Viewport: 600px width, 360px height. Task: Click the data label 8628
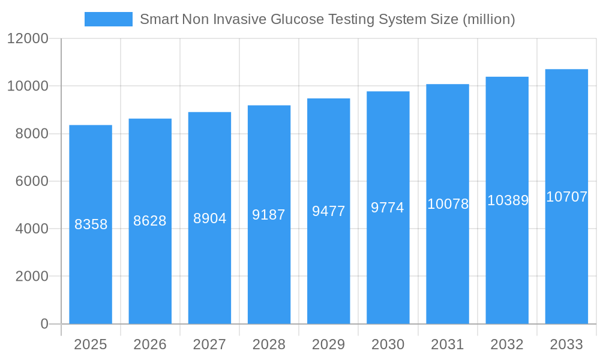point(150,221)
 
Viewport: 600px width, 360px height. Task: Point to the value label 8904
point(209,218)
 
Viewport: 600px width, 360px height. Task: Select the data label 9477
point(328,211)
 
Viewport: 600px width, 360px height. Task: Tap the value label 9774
point(388,208)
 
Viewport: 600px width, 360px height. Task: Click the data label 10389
point(508,200)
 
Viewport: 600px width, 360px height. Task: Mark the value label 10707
point(566,197)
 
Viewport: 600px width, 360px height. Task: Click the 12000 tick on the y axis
point(28,38)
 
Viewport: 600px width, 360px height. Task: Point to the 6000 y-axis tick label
point(32,181)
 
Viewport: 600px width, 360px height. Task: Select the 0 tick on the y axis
point(44,324)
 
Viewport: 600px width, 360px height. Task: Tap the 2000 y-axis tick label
point(32,276)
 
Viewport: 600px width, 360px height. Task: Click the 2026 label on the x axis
point(150,344)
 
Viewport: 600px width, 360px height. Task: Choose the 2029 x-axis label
point(328,344)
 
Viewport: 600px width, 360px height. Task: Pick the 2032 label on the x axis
point(507,344)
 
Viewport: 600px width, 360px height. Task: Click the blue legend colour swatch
point(109,19)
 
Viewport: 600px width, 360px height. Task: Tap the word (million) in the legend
point(489,19)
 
